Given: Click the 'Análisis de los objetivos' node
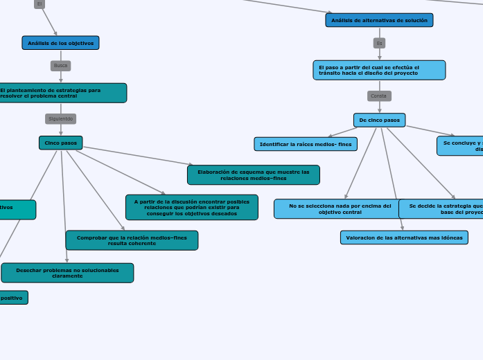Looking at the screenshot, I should (x=60, y=43).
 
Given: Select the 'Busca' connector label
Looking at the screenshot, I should (x=60, y=66).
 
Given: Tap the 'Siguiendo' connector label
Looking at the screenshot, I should (x=60, y=118).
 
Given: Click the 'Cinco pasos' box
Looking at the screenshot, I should (x=60, y=143).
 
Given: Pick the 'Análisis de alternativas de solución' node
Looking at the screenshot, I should (x=379, y=20).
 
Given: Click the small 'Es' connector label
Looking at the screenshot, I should (x=379, y=43).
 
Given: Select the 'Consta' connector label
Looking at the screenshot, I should (x=379, y=96).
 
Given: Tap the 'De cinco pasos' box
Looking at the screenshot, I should (x=379, y=120).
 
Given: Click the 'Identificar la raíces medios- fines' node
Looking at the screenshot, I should (x=306, y=144).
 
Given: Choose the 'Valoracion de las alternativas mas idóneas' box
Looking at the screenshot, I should (x=404, y=237).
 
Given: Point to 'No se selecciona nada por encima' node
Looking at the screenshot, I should (x=340, y=208).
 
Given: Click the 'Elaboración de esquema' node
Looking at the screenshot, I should (x=253, y=174).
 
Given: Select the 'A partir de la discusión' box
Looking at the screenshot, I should (x=191, y=207).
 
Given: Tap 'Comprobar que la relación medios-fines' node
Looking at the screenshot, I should (x=132, y=240).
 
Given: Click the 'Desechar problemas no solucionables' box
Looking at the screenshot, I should (x=67, y=273).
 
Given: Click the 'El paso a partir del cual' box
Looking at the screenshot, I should (x=379, y=70).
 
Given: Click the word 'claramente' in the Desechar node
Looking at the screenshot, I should (x=67, y=276).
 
